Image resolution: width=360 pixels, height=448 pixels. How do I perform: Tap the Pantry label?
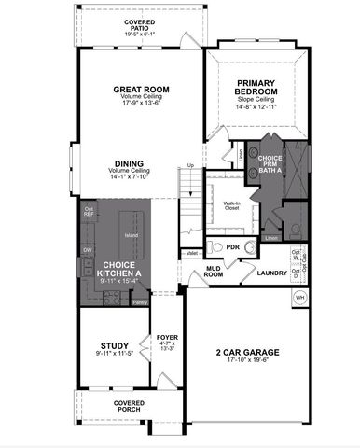[141, 301]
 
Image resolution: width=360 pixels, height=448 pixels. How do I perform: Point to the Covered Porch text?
[129, 402]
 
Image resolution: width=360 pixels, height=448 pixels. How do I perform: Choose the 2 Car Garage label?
[248, 352]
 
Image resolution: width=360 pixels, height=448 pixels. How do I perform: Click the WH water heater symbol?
[300, 296]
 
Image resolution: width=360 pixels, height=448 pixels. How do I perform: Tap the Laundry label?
[272, 273]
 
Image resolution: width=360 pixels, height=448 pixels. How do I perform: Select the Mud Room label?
[215, 272]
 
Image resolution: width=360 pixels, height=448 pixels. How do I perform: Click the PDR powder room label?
[232, 248]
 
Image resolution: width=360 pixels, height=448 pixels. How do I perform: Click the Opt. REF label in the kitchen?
[90, 211]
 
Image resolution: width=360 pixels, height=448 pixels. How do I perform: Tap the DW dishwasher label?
[87, 250]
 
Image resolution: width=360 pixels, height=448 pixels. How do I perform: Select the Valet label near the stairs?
[191, 253]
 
